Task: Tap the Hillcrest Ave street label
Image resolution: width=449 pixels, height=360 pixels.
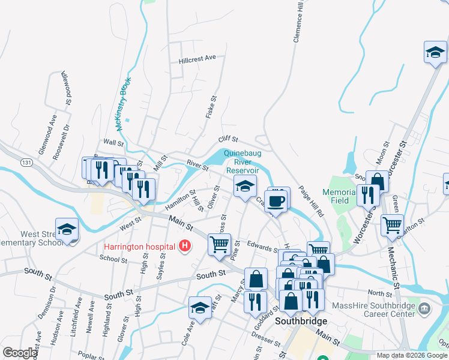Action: tap(197, 58)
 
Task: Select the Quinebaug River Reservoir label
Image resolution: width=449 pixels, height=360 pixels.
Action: tap(243, 161)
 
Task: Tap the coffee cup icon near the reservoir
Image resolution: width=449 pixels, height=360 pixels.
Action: tap(276, 201)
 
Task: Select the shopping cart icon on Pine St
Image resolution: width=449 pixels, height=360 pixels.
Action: tap(220, 244)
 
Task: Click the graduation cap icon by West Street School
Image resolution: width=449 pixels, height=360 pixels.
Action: tap(67, 229)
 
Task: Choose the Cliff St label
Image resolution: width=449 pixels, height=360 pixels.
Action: tap(229, 139)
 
